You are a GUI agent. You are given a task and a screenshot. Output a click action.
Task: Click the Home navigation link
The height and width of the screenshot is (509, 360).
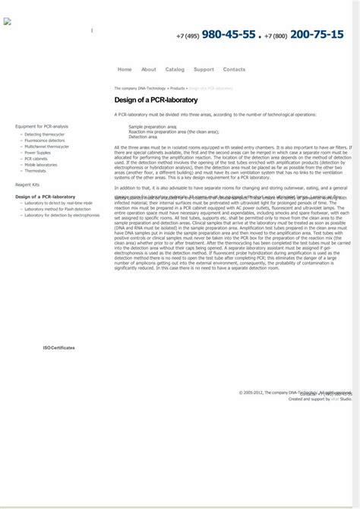tap(125, 69)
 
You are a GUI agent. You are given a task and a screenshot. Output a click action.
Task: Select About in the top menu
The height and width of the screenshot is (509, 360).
tap(148, 69)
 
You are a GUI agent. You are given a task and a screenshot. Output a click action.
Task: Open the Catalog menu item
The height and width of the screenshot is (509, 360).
tap(175, 69)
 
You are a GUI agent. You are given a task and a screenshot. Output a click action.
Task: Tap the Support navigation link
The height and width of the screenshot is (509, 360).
tap(204, 69)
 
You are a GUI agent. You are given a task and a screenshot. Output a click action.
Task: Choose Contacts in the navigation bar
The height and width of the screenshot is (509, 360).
tap(234, 69)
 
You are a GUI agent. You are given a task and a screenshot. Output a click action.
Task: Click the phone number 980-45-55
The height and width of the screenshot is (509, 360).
tap(228, 34)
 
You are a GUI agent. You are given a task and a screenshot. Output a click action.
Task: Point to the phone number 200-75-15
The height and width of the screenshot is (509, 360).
tap(317, 34)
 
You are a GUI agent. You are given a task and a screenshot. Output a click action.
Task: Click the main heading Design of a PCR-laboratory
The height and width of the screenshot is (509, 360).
tap(156, 100)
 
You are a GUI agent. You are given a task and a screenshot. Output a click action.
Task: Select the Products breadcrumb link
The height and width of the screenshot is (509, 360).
tap(177, 88)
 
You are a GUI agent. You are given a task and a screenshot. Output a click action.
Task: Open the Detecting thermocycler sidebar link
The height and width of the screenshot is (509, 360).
tap(44, 134)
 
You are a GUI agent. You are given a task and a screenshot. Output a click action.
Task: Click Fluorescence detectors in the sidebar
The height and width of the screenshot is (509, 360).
tap(44, 141)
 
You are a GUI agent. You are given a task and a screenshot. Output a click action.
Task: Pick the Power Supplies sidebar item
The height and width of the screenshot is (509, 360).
tap(37, 153)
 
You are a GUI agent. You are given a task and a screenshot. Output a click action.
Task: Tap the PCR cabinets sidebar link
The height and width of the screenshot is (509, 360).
tap(36, 159)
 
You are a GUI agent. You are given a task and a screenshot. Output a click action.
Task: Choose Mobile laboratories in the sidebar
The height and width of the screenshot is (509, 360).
tap(40, 165)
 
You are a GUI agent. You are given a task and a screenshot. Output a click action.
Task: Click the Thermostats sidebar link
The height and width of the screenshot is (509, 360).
tap(35, 171)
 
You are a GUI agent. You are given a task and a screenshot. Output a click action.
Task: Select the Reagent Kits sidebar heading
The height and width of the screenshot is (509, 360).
tap(27, 185)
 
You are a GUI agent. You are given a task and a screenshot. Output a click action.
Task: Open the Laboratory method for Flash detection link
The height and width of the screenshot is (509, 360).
tap(57, 209)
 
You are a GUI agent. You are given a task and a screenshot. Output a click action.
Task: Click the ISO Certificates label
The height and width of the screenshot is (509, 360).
tap(58, 347)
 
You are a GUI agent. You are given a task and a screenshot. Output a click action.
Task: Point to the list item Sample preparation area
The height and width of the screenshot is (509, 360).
tap(153, 127)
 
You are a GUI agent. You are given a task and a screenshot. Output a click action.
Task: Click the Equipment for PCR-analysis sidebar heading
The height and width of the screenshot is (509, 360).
tap(42, 126)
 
